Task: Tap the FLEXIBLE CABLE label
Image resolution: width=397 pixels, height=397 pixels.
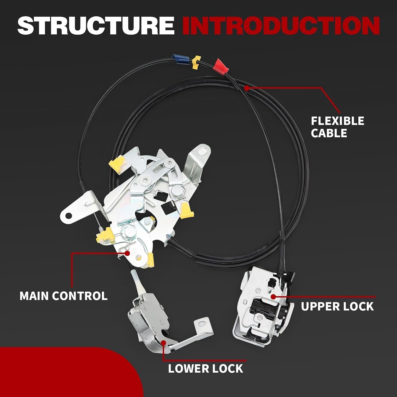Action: [337, 127]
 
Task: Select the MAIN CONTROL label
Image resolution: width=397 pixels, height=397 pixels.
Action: [64, 296]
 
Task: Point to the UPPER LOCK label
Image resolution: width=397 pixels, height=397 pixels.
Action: [337, 306]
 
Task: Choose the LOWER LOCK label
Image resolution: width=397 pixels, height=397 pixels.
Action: [205, 368]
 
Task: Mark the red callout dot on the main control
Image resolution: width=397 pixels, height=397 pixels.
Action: [127, 253]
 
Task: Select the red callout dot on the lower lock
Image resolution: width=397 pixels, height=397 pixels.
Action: [164, 343]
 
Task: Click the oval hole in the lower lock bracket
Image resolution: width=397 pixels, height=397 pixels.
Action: [202, 323]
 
